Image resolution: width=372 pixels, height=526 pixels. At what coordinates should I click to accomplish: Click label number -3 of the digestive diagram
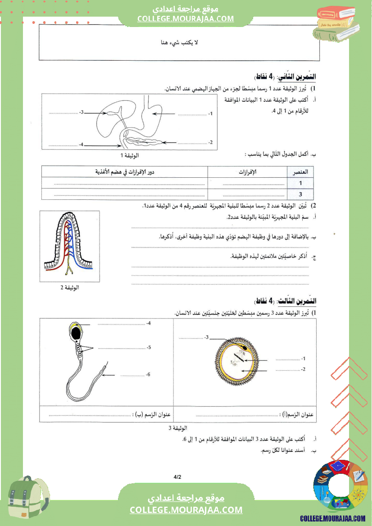pos(82,112)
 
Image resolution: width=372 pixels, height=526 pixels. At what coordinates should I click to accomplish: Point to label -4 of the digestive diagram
pos(81,144)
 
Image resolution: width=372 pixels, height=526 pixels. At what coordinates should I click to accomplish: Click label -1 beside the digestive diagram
pos(210,113)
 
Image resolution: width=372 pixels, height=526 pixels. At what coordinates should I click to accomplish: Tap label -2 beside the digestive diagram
pos(210,143)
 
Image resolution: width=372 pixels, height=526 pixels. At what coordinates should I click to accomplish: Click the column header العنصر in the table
pos(300,172)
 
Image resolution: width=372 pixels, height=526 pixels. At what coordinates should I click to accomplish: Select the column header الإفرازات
pos(247,172)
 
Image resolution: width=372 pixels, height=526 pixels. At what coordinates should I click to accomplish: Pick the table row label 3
pos(300,194)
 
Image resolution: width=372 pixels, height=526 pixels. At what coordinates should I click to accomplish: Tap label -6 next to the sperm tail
pos(148,374)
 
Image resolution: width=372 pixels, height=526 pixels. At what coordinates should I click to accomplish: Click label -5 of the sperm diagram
pos(148,347)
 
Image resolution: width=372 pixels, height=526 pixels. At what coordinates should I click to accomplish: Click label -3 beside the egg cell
pos(206,337)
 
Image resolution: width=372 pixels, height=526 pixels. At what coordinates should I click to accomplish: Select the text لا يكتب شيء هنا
pos(180,43)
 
